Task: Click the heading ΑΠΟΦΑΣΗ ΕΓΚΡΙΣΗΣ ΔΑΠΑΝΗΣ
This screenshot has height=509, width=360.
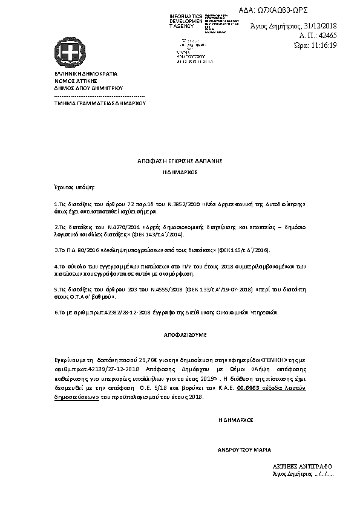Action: (180, 161)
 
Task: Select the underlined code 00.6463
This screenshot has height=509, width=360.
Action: (249, 390)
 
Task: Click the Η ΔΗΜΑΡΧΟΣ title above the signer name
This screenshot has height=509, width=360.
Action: (235, 418)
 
